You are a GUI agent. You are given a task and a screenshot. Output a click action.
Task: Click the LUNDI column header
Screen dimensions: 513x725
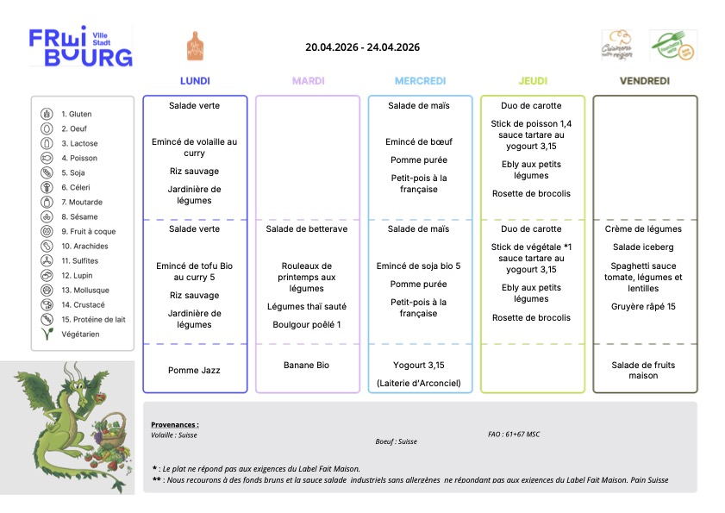coord(195,81)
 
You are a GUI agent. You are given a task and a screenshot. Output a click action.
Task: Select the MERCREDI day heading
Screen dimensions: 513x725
coord(420,81)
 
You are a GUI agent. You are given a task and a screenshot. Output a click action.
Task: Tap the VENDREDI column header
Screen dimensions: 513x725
coord(645,81)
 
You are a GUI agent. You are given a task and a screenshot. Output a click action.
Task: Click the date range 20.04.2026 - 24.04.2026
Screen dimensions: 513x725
coord(362,47)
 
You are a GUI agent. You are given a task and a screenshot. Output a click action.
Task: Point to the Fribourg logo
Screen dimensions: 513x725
coord(81,47)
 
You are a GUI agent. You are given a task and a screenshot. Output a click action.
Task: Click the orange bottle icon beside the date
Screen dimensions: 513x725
coord(195,46)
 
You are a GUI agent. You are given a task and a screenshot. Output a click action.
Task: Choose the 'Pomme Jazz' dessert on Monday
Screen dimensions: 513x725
coord(195,370)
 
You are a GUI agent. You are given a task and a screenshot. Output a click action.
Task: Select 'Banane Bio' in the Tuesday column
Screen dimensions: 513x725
coord(307,366)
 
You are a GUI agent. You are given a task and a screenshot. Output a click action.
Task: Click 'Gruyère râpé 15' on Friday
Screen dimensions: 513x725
coord(645,307)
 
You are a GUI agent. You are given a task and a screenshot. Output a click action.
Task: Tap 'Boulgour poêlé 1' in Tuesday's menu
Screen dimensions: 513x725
coord(307,325)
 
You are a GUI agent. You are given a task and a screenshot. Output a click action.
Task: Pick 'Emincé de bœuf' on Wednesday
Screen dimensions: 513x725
coord(420,141)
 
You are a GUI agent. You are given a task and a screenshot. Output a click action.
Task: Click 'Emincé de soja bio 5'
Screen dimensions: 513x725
coord(420,266)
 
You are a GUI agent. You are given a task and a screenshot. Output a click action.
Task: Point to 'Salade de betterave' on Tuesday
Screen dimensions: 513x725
coord(307,229)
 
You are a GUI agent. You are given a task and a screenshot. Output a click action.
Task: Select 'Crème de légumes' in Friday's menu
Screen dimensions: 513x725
coord(645,229)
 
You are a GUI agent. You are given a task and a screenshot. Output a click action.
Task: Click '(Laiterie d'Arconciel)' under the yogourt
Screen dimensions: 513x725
coord(420,383)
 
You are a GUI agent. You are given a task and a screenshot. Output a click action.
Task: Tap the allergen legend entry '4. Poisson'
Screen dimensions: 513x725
coord(78,158)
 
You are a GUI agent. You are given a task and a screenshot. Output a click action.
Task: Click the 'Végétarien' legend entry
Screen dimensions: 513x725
coord(80,334)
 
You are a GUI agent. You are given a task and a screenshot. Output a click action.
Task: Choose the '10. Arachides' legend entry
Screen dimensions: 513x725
coord(84,246)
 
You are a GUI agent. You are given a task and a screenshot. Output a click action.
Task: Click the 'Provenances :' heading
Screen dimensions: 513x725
coord(175,424)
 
